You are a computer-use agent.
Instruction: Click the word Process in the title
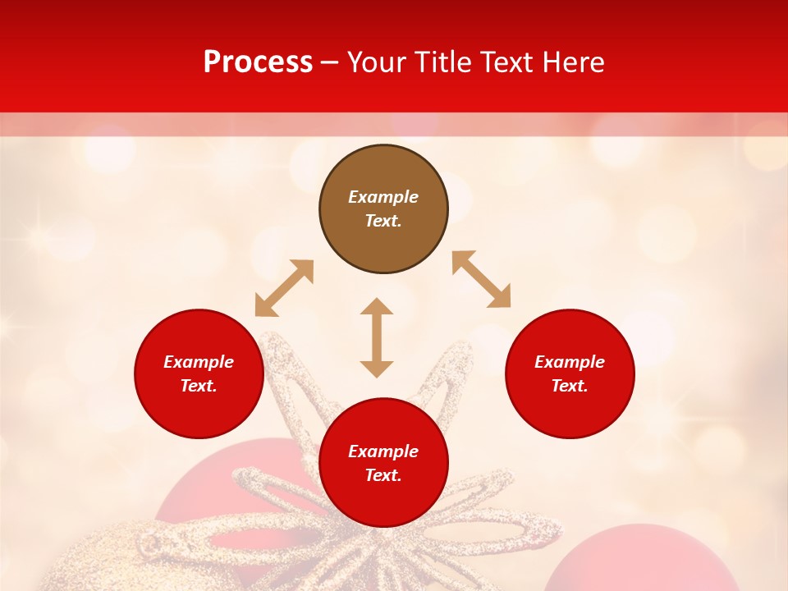click(x=258, y=62)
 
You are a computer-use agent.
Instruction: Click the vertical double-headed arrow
click(x=377, y=337)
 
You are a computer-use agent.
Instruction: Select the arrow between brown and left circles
click(x=284, y=288)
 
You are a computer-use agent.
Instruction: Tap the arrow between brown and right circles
click(x=481, y=279)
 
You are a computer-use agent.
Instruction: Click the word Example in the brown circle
click(x=383, y=197)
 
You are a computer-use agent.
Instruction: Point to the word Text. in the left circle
click(x=199, y=386)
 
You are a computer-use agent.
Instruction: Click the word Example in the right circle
click(x=570, y=362)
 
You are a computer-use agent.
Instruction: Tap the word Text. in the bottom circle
click(x=383, y=475)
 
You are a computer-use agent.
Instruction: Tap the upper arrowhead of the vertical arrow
click(x=377, y=306)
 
